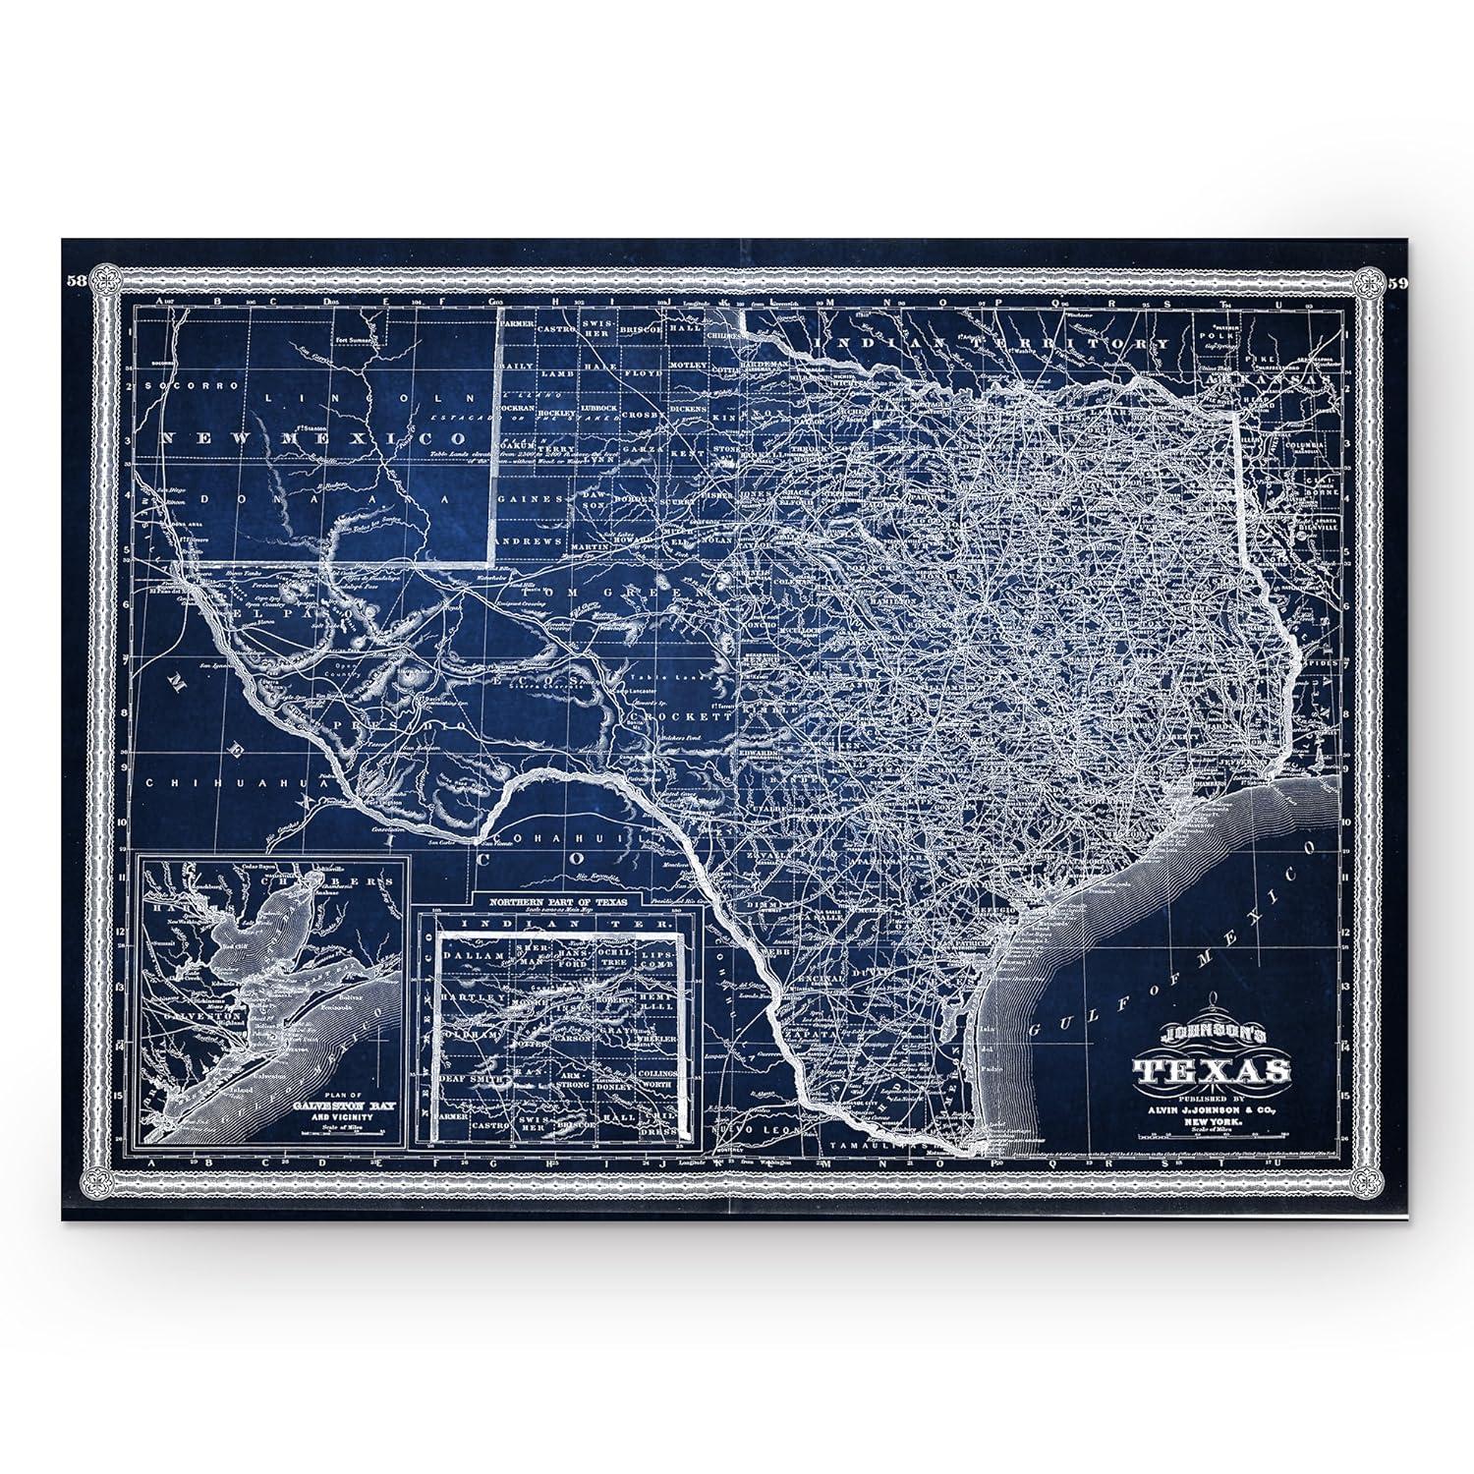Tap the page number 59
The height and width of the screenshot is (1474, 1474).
[x=1400, y=284]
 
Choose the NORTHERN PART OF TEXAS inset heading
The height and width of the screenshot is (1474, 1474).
[x=556, y=900]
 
